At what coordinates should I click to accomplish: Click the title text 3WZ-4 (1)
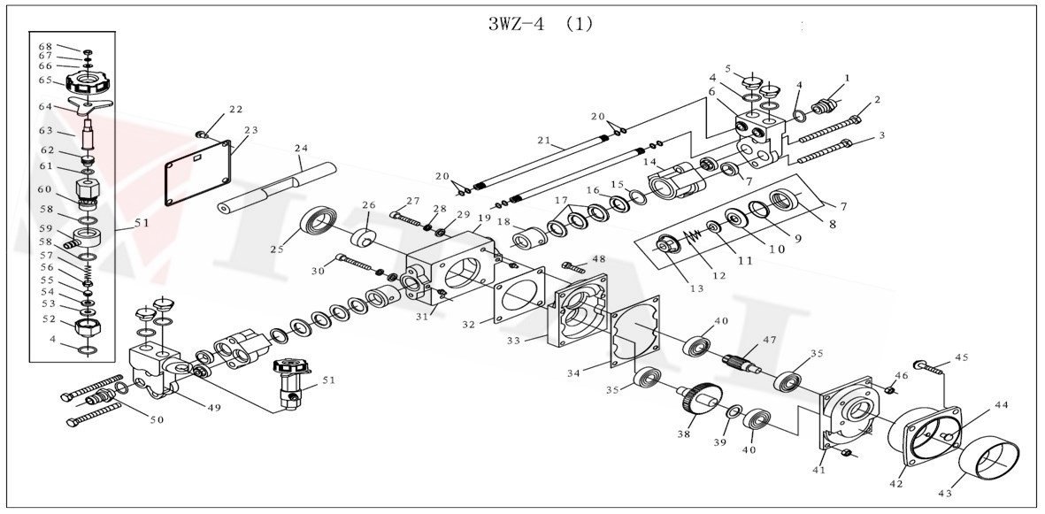[x=540, y=25]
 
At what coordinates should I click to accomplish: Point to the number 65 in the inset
[x=45, y=80]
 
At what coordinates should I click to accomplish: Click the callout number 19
[x=484, y=218]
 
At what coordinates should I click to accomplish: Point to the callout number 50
[x=157, y=419]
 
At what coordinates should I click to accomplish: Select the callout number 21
[x=543, y=140]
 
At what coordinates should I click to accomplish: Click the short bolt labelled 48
[x=572, y=265]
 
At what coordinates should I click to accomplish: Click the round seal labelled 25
[x=319, y=220]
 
